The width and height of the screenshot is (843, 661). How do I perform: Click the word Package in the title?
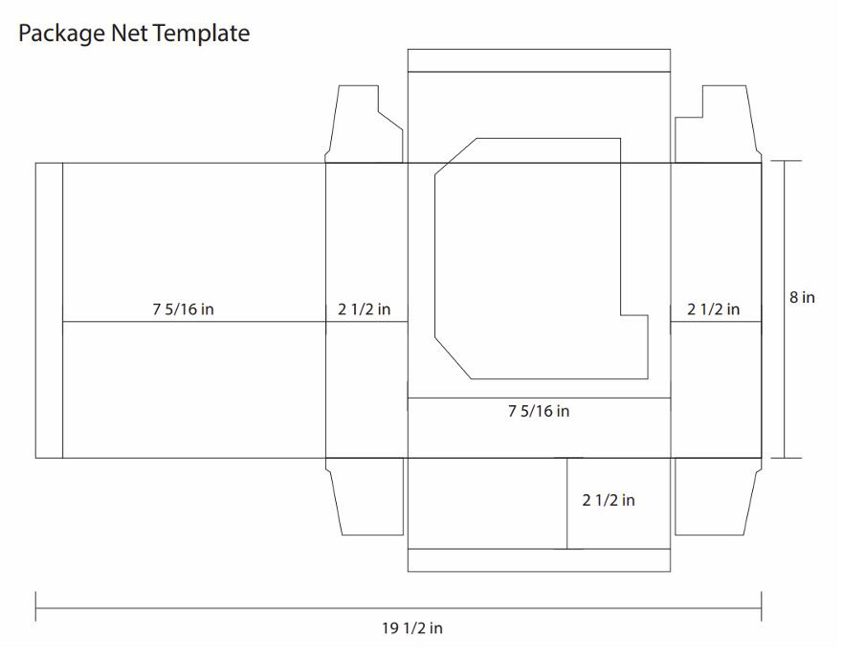click(x=61, y=34)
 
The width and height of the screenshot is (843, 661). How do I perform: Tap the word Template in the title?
click(x=201, y=34)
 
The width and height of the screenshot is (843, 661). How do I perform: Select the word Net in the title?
click(x=128, y=33)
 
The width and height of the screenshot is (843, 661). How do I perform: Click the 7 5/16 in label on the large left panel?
click(x=184, y=309)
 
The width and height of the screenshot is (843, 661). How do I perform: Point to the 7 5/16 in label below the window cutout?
click(x=539, y=411)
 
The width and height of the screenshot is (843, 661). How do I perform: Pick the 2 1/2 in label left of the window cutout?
click(x=364, y=309)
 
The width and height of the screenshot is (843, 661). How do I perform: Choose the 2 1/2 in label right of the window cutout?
click(x=714, y=309)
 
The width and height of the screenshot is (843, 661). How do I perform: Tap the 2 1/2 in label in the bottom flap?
click(x=609, y=501)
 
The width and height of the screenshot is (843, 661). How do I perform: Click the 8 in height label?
click(x=802, y=297)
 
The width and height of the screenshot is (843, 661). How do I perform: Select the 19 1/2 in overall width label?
click(x=412, y=628)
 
